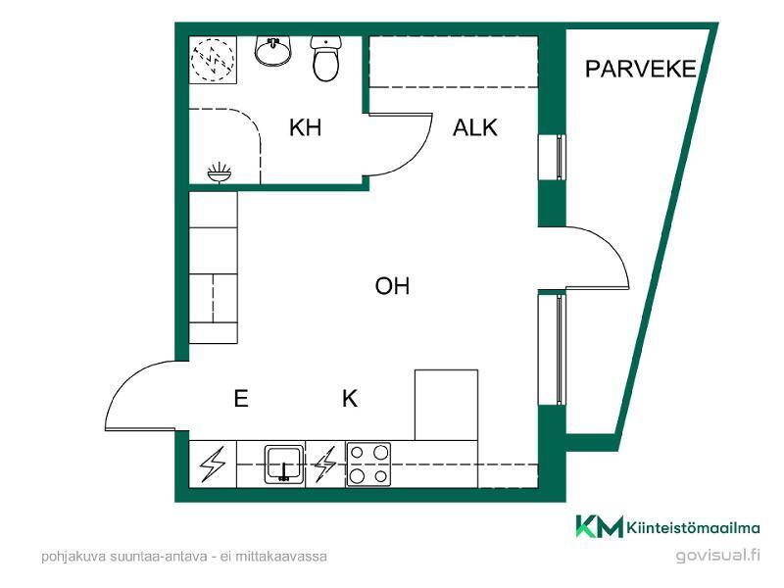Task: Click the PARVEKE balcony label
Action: pos(641,69)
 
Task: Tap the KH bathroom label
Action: pos(305,127)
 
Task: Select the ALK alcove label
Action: pos(475,127)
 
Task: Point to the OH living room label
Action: pos(393,286)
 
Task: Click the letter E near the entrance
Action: pos(241,399)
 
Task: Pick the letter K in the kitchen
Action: pos(350,399)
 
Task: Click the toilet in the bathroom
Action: pos(326,58)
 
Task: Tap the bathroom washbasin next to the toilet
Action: pos(273,51)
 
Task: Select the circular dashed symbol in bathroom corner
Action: pos(213,60)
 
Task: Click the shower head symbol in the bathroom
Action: pos(220,173)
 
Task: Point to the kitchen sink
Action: pos(284,464)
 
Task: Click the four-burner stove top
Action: pos(368,465)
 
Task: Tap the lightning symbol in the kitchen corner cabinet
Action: pos(213,465)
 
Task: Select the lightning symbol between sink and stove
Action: pos(325,465)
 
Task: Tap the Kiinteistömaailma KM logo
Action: pos(667,526)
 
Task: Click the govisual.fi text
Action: pos(717,555)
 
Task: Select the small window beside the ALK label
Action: pos(552,157)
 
